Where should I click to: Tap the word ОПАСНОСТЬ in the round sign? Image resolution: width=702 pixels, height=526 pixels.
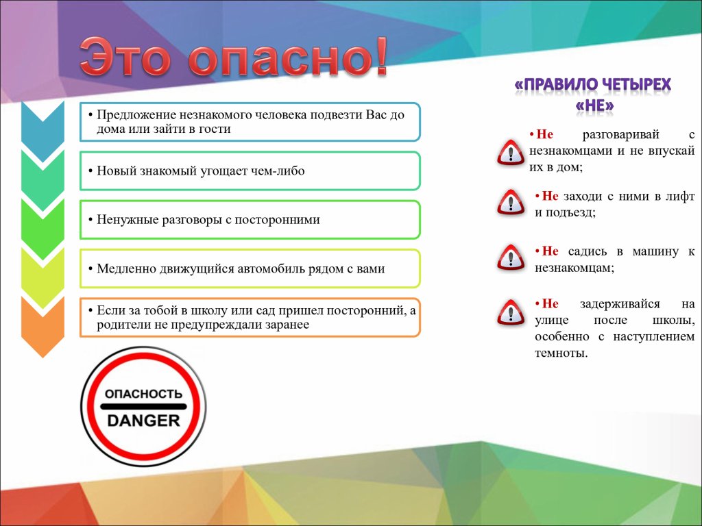click(x=144, y=394)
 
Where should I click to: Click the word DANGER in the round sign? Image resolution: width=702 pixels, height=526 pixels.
click(x=144, y=421)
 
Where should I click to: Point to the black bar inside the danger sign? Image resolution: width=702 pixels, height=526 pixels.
click(x=143, y=407)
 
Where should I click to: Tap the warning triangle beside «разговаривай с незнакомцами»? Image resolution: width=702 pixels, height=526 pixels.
click(x=510, y=153)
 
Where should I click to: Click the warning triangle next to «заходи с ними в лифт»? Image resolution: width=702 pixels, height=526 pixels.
click(x=511, y=202)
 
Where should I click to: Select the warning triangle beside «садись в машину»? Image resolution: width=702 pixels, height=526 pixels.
click(x=511, y=258)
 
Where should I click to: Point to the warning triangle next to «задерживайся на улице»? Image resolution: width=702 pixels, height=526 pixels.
click(x=511, y=312)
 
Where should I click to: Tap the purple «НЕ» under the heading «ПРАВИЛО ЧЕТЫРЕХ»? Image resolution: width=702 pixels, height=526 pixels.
click(x=594, y=106)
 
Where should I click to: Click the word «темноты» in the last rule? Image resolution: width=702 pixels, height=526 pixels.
click(x=561, y=353)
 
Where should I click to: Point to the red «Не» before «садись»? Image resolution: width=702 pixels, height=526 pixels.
click(x=550, y=251)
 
